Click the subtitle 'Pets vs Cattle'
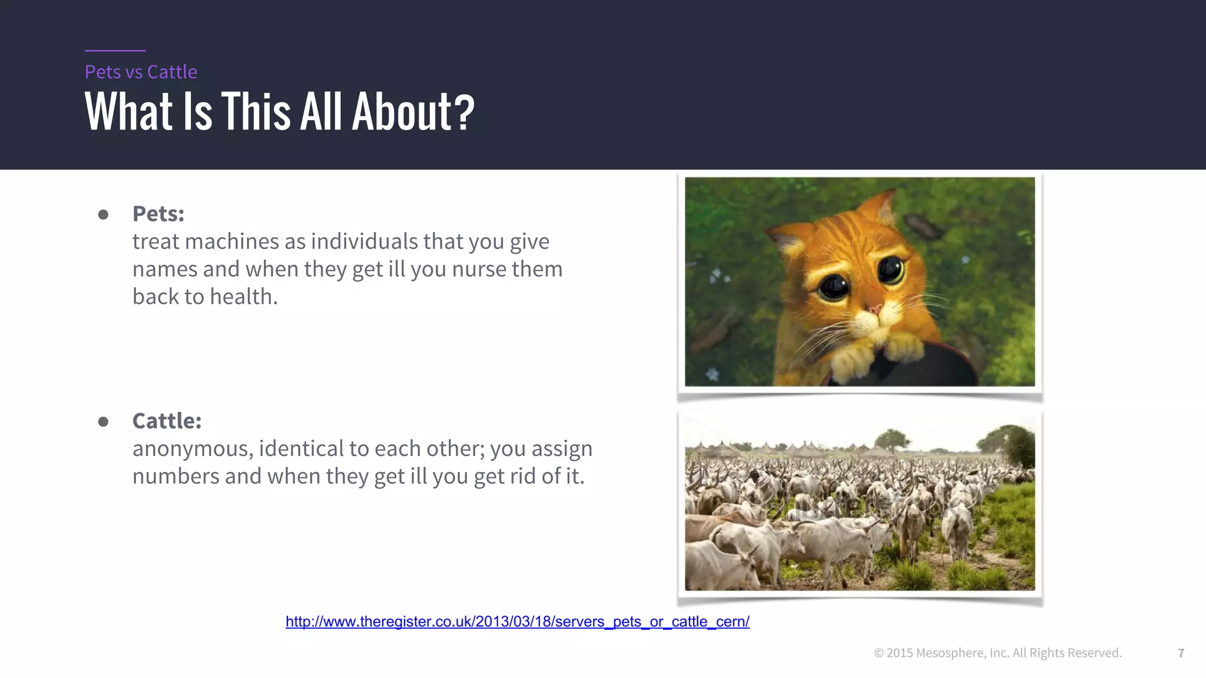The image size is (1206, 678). (141, 72)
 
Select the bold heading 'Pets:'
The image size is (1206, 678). (158, 214)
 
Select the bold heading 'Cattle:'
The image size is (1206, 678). (167, 421)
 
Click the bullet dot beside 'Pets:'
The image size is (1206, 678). (103, 214)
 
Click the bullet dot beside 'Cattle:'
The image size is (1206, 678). (103, 421)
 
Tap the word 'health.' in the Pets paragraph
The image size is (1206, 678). (244, 297)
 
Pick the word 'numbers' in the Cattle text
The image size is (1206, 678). (175, 476)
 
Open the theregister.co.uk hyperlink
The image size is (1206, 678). (517, 621)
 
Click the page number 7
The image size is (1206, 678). (1181, 653)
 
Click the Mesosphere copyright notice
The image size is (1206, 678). (998, 653)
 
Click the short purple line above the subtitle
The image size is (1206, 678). (115, 51)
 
